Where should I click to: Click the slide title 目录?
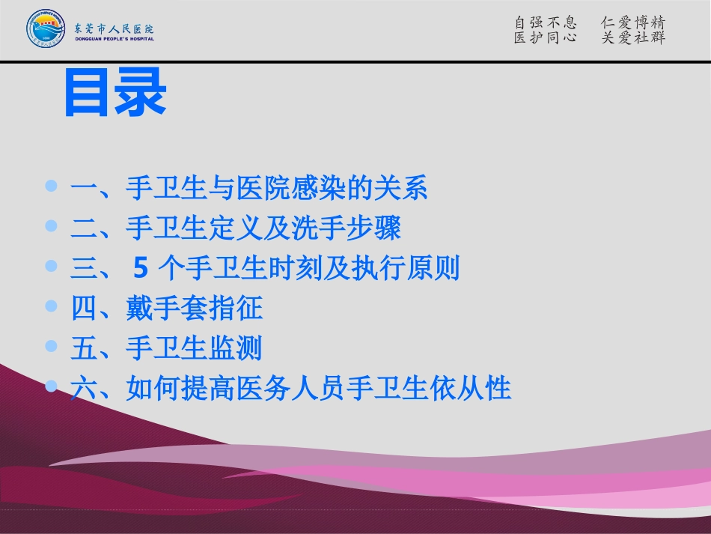[x=115, y=94]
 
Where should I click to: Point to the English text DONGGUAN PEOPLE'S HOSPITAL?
[x=115, y=39]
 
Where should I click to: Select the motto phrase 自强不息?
[x=546, y=22]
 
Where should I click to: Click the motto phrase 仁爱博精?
[x=633, y=22]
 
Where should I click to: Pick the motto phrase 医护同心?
[x=546, y=37]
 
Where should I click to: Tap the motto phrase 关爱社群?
[x=633, y=37]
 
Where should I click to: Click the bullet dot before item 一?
[x=51, y=185]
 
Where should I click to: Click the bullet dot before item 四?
[x=51, y=306]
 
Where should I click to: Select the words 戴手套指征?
[x=195, y=309]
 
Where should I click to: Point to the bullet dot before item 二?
[x=51, y=225]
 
